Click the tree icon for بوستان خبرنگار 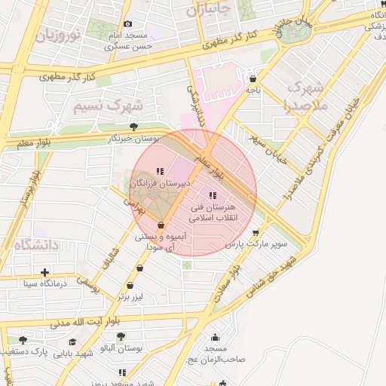click(x=134, y=127)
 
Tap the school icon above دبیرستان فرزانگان click(x=159, y=172)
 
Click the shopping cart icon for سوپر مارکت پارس click(x=256, y=232)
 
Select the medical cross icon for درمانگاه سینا click(x=46, y=272)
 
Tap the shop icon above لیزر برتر click(x=131, y=286)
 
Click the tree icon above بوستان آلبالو click(x=121, y=336)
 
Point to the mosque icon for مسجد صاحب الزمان click(x=216, y=337)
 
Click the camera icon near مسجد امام click(x=127, y=24)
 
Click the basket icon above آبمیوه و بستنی click(x=161, y=225)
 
